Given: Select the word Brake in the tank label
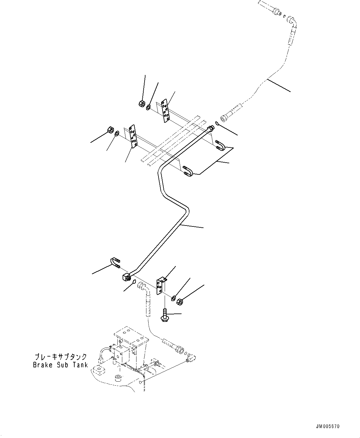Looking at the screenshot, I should click(42, 365).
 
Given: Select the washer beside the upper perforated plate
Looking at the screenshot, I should click(149, 107).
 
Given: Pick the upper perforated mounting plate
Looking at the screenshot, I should click(165, 111).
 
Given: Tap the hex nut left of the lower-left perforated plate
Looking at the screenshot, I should click(110, 129).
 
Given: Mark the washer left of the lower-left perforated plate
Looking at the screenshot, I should click(117, 134).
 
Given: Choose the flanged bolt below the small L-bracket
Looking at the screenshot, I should click(164, 315).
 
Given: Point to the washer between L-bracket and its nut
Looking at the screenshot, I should click(173, 298).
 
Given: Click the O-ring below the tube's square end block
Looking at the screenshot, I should click(134, 282).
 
